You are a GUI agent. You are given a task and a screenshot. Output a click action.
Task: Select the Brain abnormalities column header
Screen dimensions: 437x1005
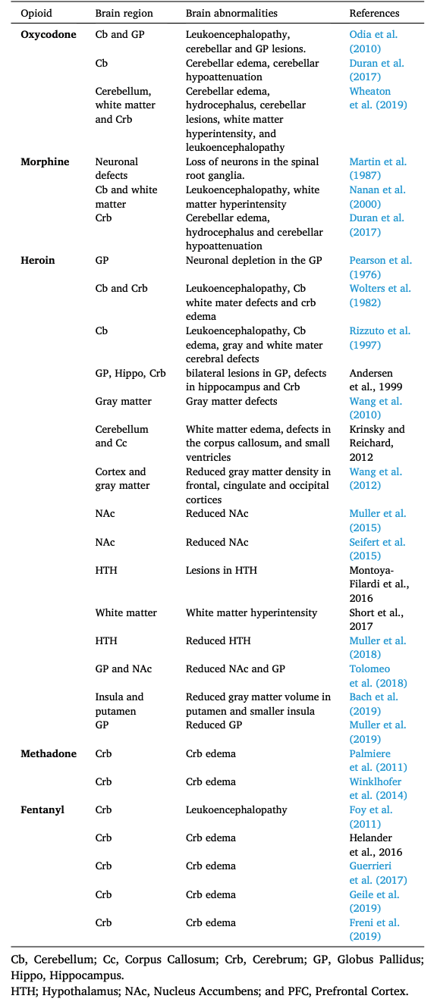[231, 14]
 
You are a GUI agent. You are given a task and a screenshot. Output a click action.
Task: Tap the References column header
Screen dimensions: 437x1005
[374, 14]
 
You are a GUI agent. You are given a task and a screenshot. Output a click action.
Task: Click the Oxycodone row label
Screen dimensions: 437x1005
[49, 35]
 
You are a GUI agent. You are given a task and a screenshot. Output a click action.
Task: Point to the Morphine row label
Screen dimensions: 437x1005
[45, 162]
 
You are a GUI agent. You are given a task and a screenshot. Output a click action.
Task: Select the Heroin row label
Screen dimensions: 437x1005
[37, 261]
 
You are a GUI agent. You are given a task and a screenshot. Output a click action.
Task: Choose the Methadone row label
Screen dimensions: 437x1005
[49, 754]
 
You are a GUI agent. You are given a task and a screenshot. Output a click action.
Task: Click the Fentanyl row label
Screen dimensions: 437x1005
[42, 810]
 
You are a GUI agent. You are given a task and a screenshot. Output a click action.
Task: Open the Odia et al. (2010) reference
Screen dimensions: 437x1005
[373, 42]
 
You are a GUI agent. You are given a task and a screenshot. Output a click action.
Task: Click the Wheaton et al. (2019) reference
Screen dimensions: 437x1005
[377, 99]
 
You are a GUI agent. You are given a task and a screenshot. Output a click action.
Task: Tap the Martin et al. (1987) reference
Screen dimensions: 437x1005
[377, 169]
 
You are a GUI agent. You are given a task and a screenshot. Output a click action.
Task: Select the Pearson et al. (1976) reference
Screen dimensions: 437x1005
[380, 268]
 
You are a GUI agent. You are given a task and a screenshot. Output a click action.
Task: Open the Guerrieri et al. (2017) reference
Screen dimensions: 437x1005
[378, 873]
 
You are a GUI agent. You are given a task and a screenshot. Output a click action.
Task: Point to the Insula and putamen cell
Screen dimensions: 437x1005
[119, 704]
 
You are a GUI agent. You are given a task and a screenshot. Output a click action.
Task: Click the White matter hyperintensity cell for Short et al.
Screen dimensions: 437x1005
[251, 612]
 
